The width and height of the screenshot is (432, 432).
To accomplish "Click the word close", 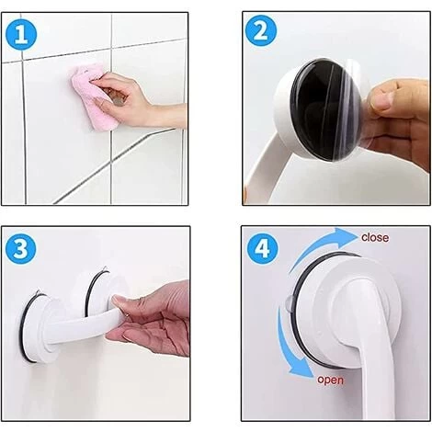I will [374, 238].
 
